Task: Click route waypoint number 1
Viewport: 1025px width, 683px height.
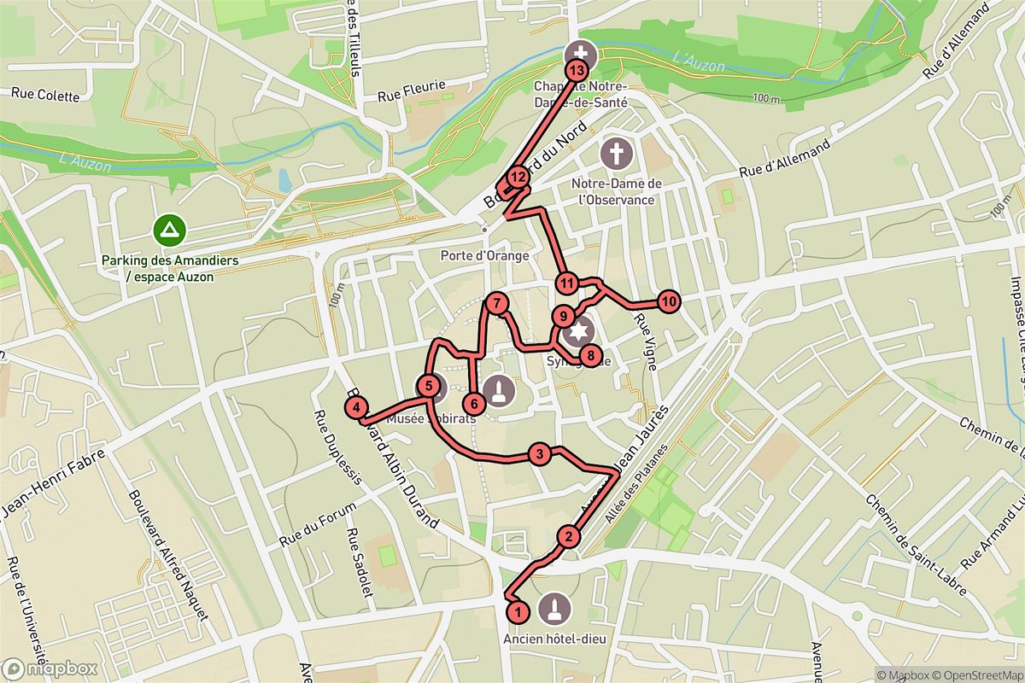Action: pos(517,612)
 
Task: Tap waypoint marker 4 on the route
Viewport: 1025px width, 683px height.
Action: pos(357,407)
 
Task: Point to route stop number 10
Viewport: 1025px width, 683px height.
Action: pos(669,301)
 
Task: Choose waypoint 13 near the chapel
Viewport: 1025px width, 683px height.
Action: pos(578,71)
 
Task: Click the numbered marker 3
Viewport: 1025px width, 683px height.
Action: pos(539,453)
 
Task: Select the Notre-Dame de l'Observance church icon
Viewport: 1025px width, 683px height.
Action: pos(614,154)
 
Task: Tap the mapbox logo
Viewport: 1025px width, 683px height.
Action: pos(49,669)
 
